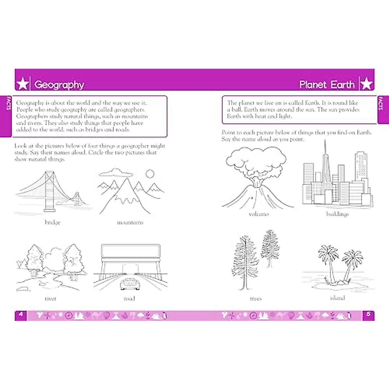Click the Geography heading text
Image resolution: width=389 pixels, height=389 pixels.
click(59, 85)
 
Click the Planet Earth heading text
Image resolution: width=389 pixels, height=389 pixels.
click(327, 85)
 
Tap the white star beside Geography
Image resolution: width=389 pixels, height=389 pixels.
click(23, 84)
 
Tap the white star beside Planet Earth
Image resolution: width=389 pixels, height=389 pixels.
click(366, 84)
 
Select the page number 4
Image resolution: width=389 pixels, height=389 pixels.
click(21, 314)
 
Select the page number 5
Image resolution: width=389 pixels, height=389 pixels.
click(369, 314)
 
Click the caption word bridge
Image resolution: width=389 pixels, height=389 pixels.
click(53, 222)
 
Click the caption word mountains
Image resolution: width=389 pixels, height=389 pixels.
click(130, 222)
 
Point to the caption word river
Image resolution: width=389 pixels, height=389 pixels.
click(50, 299)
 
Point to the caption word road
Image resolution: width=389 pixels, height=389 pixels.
click(129, 299)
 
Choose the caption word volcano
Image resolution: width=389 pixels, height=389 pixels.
click(258, 214)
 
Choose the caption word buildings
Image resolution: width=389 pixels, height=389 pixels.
click(337, 214)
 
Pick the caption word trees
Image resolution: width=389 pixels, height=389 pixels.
click(256, 299)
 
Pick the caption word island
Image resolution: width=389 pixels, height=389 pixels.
click(337, 298)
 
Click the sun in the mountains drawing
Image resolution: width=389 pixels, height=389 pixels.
click(150, 174)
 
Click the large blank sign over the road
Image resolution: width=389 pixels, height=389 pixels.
click(131, 251)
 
